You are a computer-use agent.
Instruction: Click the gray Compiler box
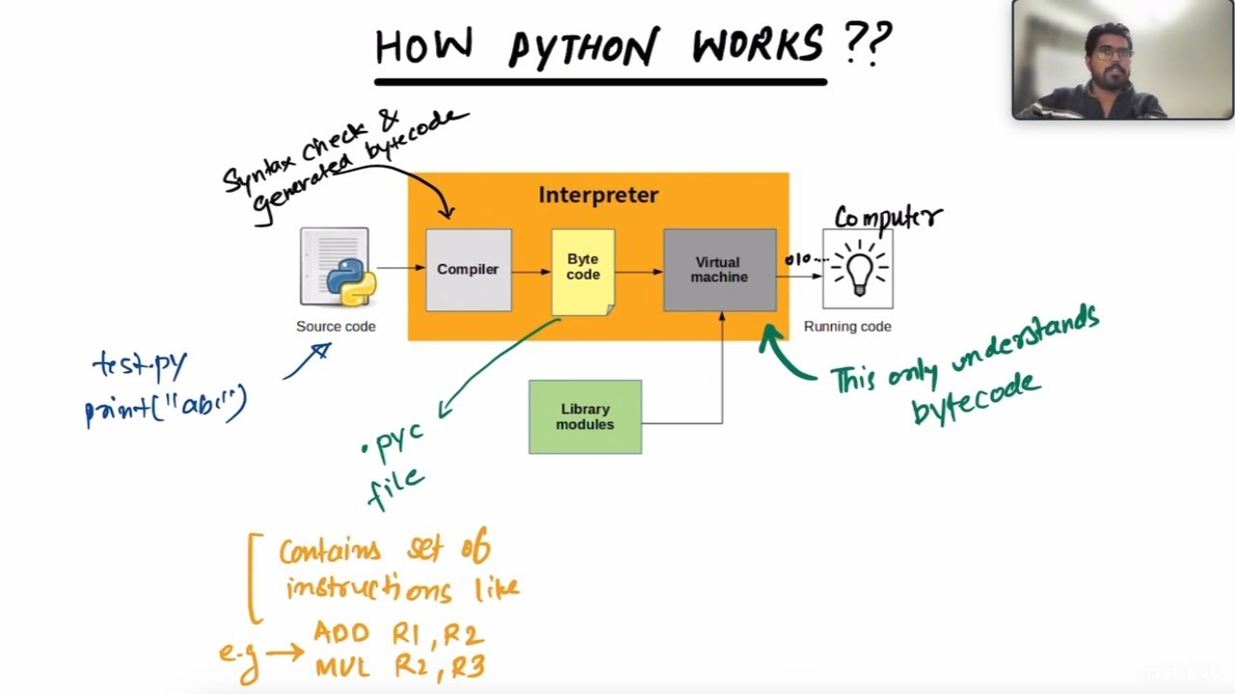[468, 270]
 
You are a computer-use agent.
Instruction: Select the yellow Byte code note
[583, 270]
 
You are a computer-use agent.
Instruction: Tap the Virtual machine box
[719, 270]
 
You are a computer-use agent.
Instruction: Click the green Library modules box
[585, 417]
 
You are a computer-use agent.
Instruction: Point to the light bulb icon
[858, 268]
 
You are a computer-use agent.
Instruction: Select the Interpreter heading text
[598, 196]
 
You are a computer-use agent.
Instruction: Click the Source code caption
[336, 327]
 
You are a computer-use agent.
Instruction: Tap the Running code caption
[847, 327]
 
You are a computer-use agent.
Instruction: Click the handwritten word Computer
[887, 217]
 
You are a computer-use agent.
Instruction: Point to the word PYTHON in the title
[584, 47]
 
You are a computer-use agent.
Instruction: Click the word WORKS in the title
[757, 45]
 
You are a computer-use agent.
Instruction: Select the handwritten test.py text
[141, 365]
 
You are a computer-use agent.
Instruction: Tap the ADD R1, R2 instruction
[398, 634]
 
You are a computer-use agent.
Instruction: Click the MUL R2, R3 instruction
[398, 666]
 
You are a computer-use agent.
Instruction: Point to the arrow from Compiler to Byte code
[531, 272]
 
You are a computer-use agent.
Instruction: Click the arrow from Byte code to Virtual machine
[639, 272]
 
